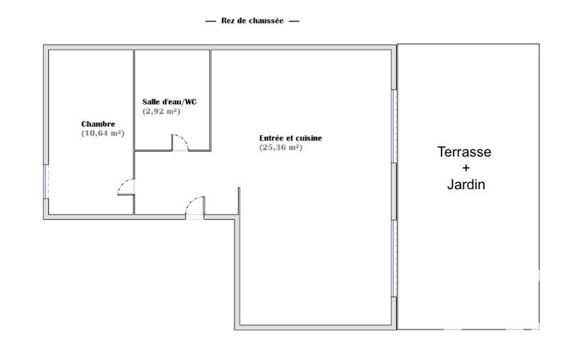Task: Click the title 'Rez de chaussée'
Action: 252,21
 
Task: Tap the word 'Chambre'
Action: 98,124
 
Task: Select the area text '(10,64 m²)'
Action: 103,133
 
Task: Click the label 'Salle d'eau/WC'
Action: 170,102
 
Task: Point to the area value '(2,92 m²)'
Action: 161,112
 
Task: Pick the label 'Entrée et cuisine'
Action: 290,138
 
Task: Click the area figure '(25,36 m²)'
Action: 281,147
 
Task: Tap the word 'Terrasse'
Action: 464,152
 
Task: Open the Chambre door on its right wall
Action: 126,187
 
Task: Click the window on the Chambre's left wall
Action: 47,181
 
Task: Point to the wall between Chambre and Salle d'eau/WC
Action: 134,100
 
